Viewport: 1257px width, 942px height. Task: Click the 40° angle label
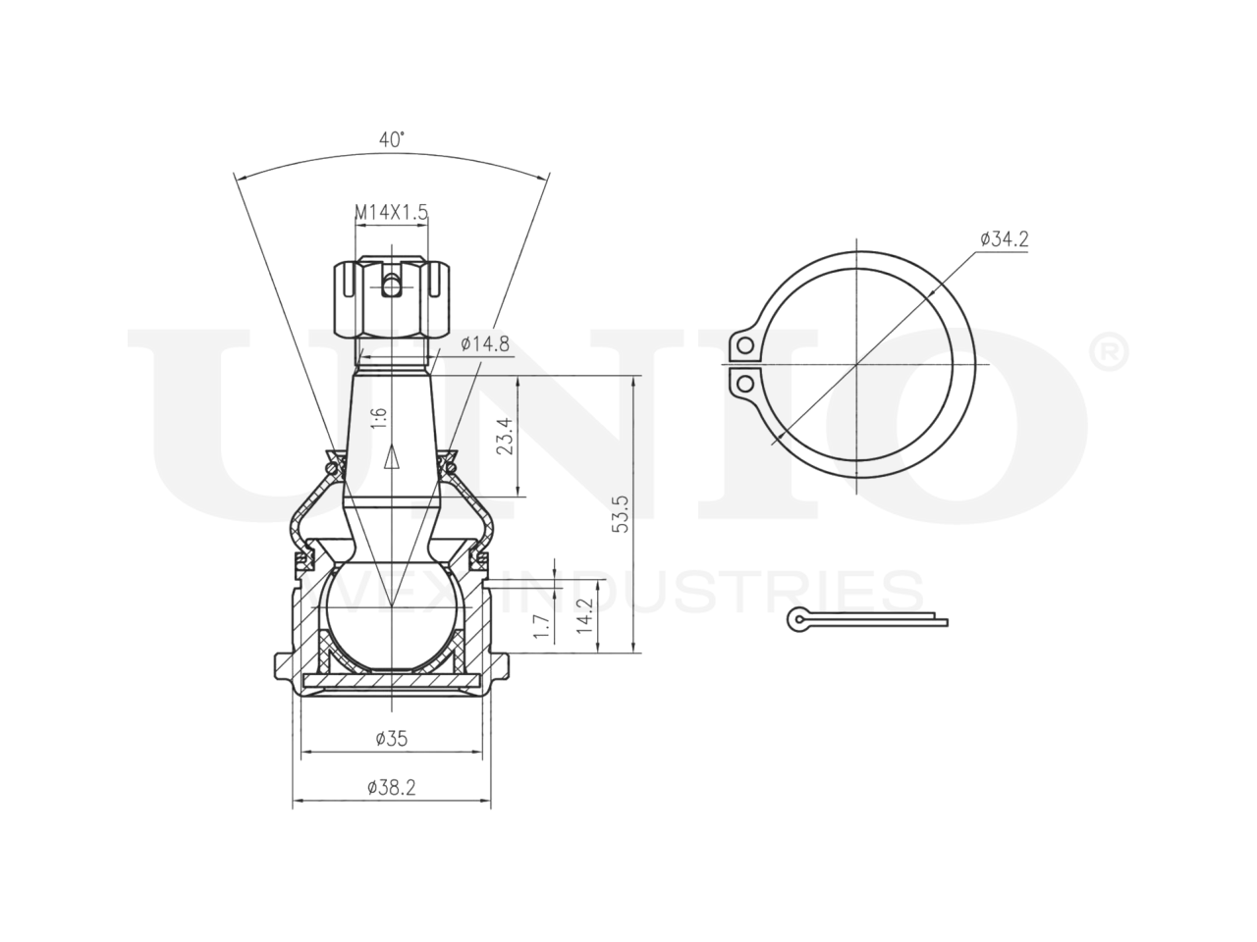(392, 139)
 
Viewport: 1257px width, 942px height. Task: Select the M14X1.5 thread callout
(391, 212)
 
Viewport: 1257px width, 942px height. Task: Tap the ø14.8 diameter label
(485, 344)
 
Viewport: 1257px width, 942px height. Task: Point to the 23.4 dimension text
(505, 436)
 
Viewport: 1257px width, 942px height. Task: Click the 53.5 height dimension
(621, 513)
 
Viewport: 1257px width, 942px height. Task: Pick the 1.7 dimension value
(542, 626)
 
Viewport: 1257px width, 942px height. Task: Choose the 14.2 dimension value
(584, 616)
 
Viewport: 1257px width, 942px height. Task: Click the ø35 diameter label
(392, 739)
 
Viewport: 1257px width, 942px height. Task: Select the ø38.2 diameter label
(392, 788)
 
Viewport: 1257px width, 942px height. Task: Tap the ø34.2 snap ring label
(1004, 238)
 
